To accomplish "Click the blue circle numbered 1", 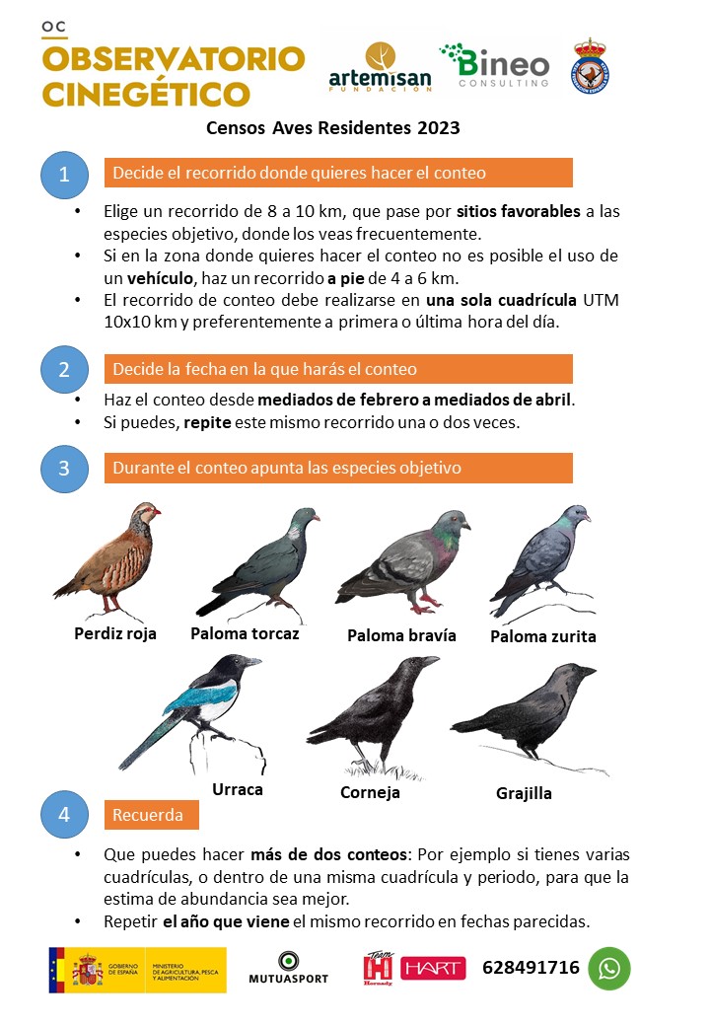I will [64, 175].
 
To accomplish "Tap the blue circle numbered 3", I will [64, 468].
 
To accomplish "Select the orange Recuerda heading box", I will [150, 816].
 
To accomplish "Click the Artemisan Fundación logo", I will [380, 67].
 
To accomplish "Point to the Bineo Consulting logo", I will [494, 65].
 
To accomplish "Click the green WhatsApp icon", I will [609, 968].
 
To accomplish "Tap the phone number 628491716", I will [531, 968].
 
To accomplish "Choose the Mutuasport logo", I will [289, 968].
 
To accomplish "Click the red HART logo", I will [433, 969].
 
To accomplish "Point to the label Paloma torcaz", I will [245, 633].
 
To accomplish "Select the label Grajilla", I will [524, 793].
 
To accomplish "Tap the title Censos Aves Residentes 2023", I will [333, 127].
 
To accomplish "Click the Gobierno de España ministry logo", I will [137, 969].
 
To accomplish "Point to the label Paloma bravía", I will [401, 635].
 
